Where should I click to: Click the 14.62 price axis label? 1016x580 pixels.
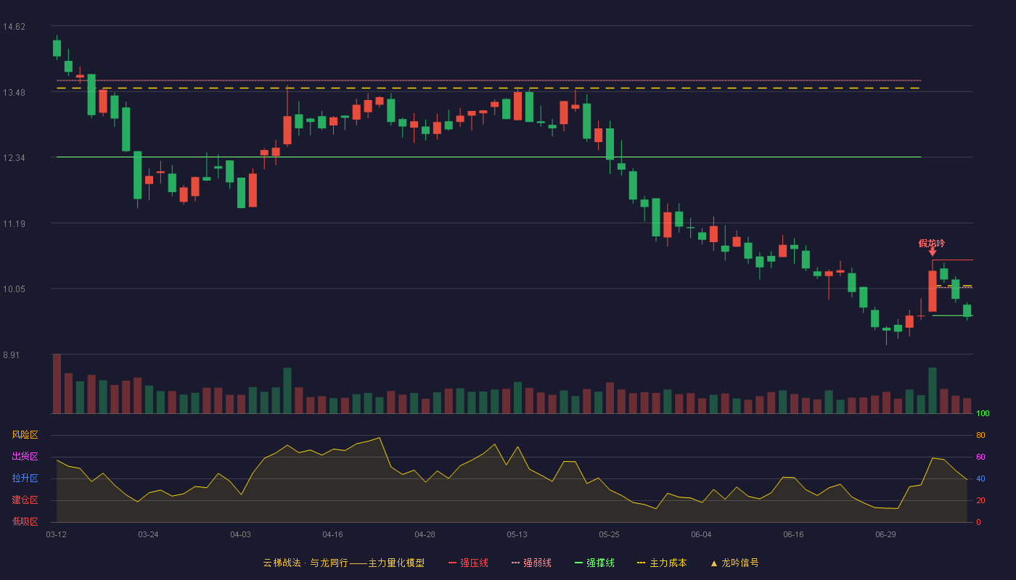(x=14, y=27)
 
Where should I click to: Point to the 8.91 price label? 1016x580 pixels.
(x=12, y=355)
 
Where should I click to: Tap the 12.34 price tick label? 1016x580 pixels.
(x=14, y=158)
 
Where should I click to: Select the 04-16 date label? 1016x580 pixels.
(x=332, y=535)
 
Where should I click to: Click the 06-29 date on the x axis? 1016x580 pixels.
(x=885, y=535)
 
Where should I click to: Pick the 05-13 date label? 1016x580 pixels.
(x=517, y=535)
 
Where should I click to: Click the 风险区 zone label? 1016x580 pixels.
(x=25, y=435)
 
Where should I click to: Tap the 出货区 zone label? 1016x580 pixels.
(x=25, y=457)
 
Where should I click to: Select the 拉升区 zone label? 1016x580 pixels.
(x=25, y=478)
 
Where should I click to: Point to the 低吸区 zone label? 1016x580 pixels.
(x=25, y=522)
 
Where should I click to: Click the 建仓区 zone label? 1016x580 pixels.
(x=25, y=500)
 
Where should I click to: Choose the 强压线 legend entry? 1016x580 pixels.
(x=468, y=563)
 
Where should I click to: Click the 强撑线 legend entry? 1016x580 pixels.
(x=594, y=563)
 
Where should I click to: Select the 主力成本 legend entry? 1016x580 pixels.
(x=662, y=563)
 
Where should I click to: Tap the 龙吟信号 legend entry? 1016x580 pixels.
(x=734, y=563)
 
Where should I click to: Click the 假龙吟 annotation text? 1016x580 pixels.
(x=932, y=244)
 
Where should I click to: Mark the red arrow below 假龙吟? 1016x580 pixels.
(x=932, y=252)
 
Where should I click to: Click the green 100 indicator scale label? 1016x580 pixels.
(x=983, y=413)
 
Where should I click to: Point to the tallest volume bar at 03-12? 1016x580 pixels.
(x=57, y=384)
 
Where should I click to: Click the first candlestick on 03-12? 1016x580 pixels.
(x=57, y=48)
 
